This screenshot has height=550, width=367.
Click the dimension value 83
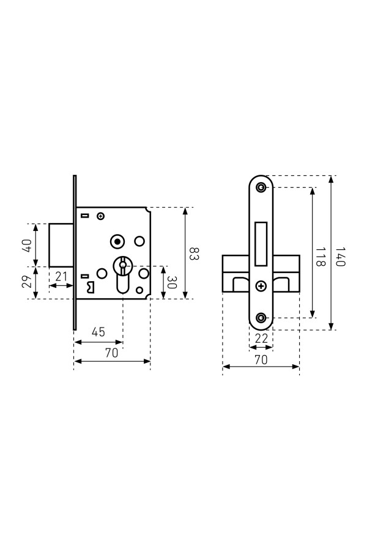[195, 254]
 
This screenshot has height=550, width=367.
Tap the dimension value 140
[340, 257]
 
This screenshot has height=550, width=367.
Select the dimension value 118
[320, 257]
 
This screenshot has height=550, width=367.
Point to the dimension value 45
[98, 331]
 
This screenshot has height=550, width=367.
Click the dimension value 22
[261, 339]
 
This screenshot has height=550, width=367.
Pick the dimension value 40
[27, 245]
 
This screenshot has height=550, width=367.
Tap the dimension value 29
[27, 282]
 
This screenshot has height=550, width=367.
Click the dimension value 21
[61, 276]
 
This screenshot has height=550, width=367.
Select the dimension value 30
[171, 282]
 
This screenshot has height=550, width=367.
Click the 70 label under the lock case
[112, 353]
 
